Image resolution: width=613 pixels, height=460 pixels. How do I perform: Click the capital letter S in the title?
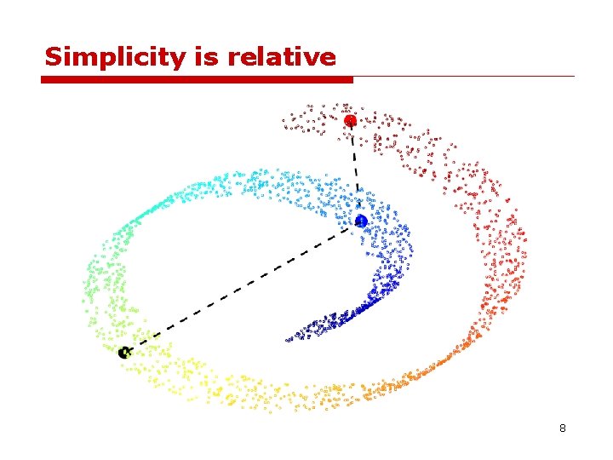click(53, 57)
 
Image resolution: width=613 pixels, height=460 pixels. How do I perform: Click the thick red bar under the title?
click(196, 79)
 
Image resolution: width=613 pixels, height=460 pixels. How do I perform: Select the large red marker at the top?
click(350, 121)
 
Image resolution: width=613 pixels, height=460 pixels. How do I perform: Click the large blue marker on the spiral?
click(361, 221)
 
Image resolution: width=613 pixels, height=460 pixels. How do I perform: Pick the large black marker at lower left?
click(125, 352)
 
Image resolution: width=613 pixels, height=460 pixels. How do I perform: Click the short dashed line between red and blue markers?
click(355, 170)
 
